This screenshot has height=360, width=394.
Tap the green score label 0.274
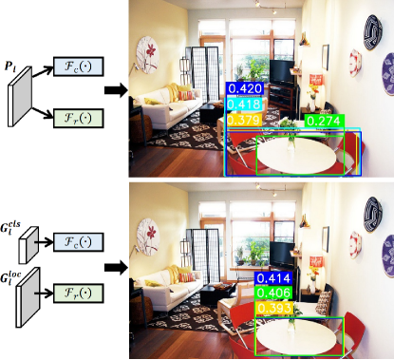[323, 121]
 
